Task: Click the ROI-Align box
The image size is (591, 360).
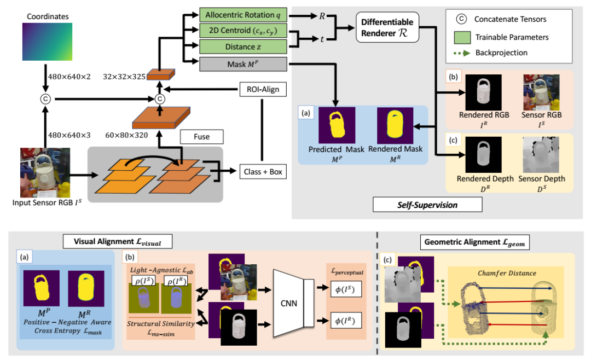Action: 262,89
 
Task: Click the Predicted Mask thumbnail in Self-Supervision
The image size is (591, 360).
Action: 337,125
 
